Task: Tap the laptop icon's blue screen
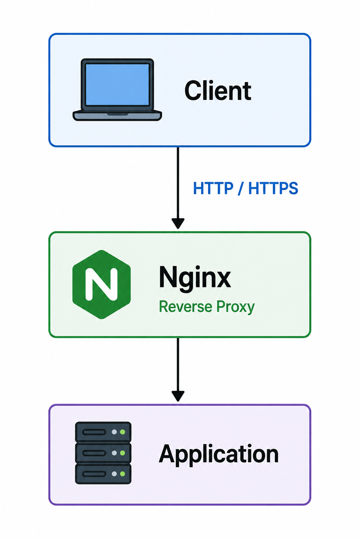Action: (x=117, y=85)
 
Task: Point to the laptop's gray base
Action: (x=117, y=116)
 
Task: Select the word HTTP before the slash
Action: (x=213, y=188)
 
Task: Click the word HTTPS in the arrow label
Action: (x=273, y=188)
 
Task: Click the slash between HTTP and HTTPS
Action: (x=240, y=188)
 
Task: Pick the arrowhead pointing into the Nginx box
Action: (x=178, y=223)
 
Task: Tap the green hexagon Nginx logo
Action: (x=102, y=284)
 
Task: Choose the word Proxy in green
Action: (x=235, y=308)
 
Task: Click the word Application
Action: (x=219, y=455)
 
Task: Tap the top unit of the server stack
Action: (x=103, y=432)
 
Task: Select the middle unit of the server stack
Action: (x=103, y=453)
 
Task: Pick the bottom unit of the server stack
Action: (x=103, y=474)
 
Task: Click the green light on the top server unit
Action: (x=123, y=432)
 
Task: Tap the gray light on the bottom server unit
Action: (x=114, y=474)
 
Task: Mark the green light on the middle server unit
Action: (x=123, y=453)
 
